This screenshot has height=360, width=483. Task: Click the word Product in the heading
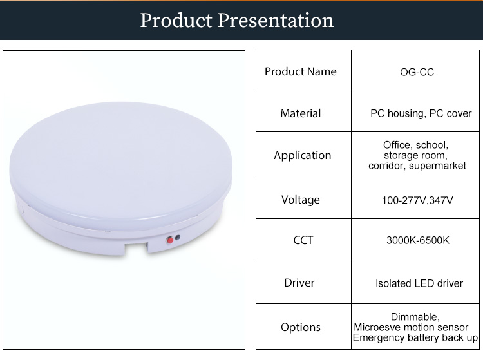click(x=176, y=21)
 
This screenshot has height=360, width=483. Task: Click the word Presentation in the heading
click(x=276, y=21)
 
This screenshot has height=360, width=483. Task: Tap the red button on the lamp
click(x=170, y=240)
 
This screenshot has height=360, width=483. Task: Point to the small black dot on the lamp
click(x=178, y=238)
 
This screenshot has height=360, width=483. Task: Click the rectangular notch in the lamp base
click(x=136, y=248)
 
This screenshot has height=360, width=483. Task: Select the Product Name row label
click(x=301, y=71)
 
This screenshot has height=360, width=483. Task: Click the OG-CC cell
click(x=417, y=72)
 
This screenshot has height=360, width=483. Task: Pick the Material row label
click(x=301, y=113)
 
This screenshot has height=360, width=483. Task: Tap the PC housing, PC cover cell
click(x=421, y=113)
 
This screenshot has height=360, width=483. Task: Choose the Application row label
click(x=303, y=155)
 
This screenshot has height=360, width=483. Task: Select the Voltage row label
click(x=301, y=200)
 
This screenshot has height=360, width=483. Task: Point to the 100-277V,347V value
click(x=417, y=200)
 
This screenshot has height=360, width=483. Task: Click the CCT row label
click(x=303, y=240)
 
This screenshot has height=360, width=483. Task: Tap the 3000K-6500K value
click(x=418, y=240)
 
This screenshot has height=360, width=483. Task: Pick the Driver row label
click(x=299, y=283)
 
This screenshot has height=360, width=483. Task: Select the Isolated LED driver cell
click(x=419, y=283)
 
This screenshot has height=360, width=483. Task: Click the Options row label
click(x=301, y=327)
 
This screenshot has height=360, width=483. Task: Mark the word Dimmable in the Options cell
click(x=414, y=317)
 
